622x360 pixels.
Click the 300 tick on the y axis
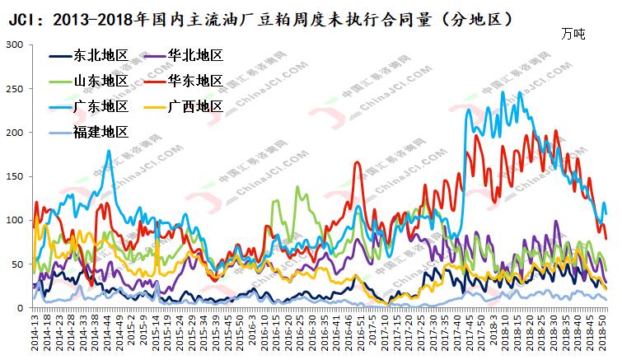point(13,44)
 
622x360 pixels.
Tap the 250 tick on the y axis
point(13,88)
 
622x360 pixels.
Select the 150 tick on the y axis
point(13,176)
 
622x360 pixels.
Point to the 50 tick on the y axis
point(16,264)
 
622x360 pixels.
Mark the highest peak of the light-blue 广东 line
point(503,92)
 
